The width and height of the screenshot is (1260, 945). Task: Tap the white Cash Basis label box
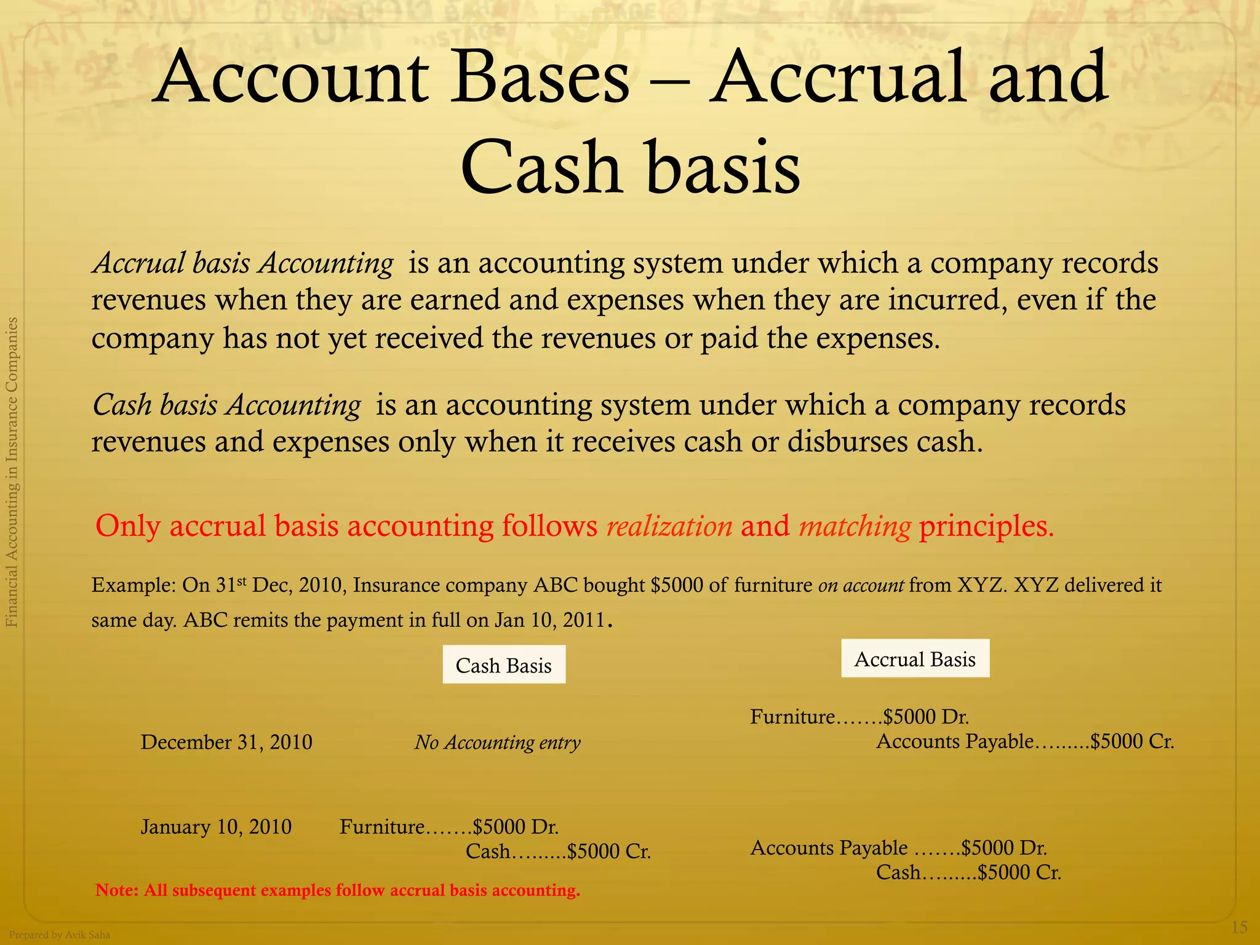[503, 665]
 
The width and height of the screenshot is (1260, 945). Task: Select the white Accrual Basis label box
[915, 659]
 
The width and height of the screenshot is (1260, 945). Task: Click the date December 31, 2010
[226, 742]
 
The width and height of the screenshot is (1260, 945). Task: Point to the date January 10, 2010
[216, 826]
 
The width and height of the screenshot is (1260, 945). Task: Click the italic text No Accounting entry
[497, 743]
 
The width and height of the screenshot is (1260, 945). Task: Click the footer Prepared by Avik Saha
[60, 935]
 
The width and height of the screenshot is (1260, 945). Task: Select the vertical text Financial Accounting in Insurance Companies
[12, 472]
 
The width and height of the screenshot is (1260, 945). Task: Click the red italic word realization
[669, 526]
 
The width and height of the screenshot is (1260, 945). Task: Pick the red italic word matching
[855, 526]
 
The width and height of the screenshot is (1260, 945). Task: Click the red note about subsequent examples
[338, 890]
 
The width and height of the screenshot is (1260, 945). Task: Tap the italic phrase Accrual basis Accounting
[243, 263]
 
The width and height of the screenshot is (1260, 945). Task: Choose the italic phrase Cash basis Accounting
[226, 405]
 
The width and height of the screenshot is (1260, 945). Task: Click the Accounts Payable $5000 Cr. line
[1025, 741]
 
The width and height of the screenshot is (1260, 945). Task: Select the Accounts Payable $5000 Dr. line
[898, 848]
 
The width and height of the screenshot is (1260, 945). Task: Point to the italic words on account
[861, 585]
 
